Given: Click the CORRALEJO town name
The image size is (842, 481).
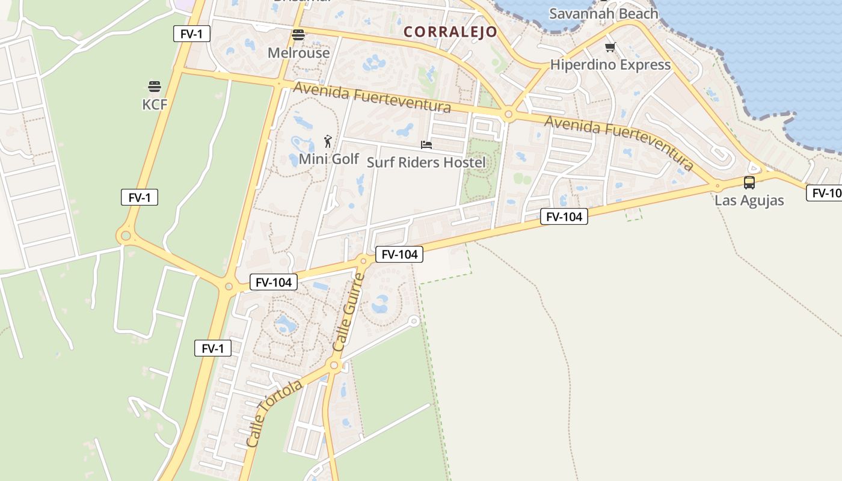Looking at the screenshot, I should [450, 32].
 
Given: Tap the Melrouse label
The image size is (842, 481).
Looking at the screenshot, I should [299, 53].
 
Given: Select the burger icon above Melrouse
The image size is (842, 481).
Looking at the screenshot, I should [298, 35].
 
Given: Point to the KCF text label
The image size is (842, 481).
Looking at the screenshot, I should [155, 105].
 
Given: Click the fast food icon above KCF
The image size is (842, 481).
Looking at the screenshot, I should [155, 87].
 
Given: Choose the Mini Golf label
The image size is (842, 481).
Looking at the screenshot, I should [328, 159].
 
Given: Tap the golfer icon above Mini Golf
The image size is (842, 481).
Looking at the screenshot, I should [328, 141].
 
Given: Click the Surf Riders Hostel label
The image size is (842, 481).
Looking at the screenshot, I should [426, 162].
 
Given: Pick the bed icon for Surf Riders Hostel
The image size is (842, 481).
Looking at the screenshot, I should [426, 145].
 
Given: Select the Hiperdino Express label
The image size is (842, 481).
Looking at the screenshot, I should [610, 65].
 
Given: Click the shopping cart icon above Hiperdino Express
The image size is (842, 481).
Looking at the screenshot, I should [610, 47].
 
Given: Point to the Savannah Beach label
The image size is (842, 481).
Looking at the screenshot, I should [603, 13].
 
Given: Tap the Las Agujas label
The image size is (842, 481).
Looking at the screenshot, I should [749, 201].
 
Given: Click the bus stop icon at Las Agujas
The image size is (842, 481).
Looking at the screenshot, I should [749, 183].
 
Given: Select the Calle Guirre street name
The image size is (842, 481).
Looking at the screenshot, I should [349, 313].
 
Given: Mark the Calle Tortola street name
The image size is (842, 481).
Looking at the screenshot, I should [274, 413].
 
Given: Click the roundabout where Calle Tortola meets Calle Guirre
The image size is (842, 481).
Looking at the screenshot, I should [334, 365].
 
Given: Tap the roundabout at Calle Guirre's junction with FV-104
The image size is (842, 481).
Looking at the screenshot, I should [363, 260].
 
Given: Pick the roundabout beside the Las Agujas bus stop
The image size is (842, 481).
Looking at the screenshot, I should [717, 185].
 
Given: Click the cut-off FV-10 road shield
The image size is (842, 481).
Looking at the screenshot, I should [825, 193].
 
